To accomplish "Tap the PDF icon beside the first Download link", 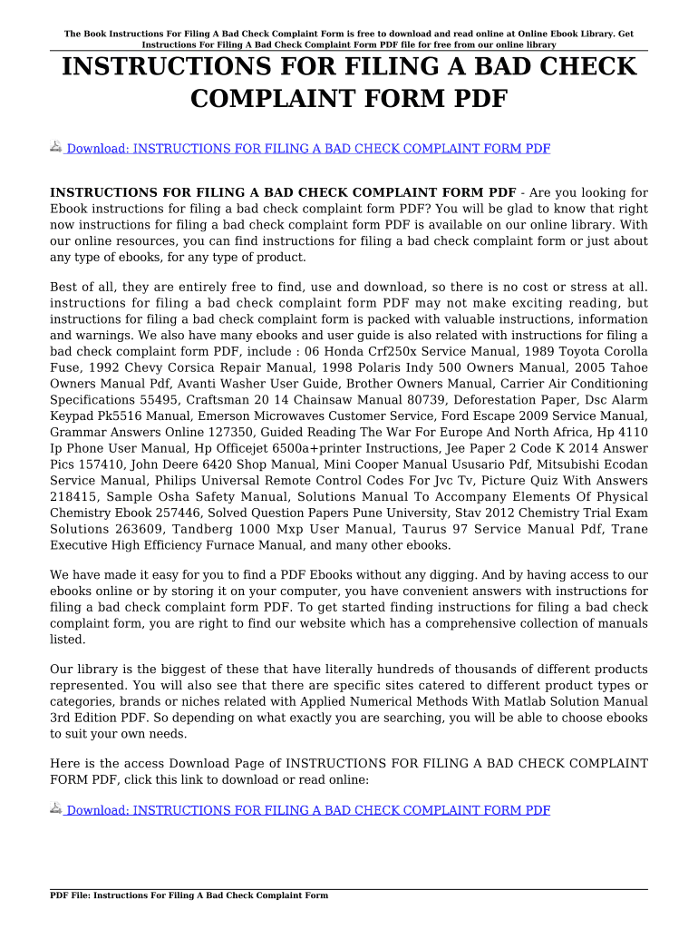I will (56, 147).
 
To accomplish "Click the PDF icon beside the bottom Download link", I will (56, 808).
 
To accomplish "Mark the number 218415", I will (74, 497).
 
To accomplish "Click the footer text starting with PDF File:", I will (189, 895).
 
